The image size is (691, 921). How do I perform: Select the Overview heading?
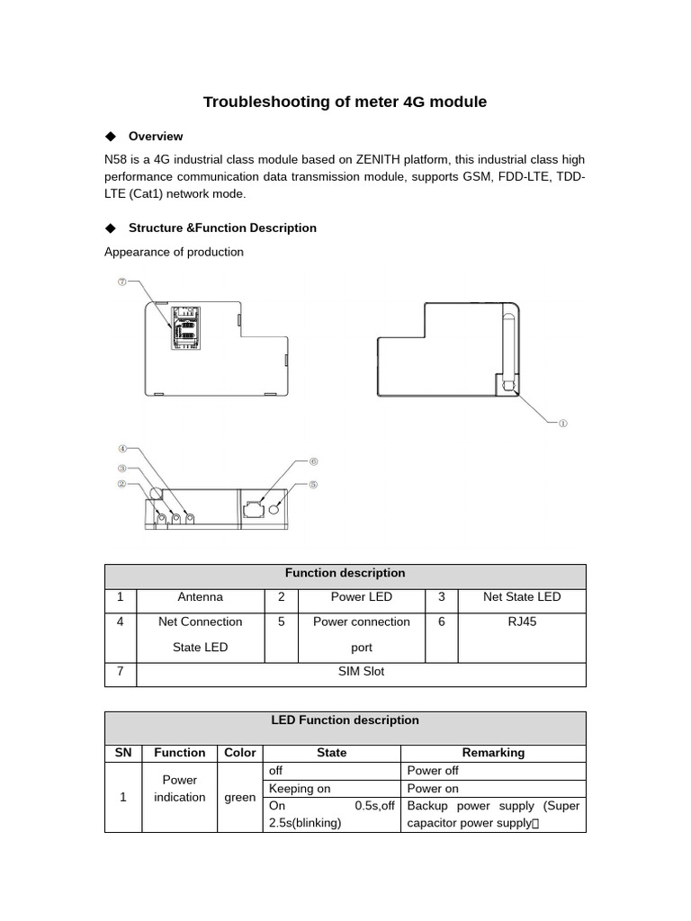156,137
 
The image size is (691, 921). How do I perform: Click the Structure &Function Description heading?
222,228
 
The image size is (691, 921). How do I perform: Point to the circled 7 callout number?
122,282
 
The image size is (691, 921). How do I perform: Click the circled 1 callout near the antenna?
563,423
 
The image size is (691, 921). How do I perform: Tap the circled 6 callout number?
314,461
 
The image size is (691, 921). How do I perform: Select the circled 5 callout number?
314,484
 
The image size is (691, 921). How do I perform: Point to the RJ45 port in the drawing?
253,509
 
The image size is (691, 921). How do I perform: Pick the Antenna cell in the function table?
200,597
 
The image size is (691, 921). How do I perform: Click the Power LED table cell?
361,597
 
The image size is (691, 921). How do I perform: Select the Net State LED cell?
522,597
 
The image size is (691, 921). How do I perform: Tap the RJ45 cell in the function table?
522,622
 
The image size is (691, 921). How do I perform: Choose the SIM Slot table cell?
361,672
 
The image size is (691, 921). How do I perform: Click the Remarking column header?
493,753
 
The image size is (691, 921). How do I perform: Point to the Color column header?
240,753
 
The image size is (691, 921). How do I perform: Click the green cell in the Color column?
240,797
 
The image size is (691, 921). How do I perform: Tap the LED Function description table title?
345,720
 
